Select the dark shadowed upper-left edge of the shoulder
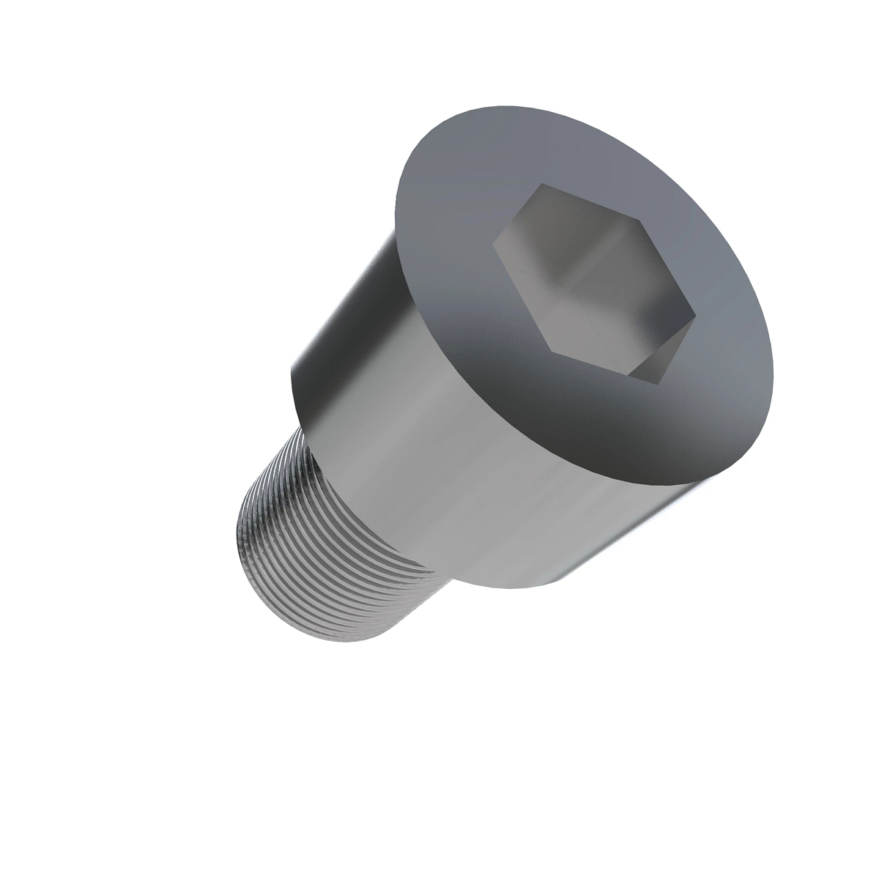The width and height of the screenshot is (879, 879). tap(337, 308)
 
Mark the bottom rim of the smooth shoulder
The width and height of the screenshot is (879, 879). tap(513, 586)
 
